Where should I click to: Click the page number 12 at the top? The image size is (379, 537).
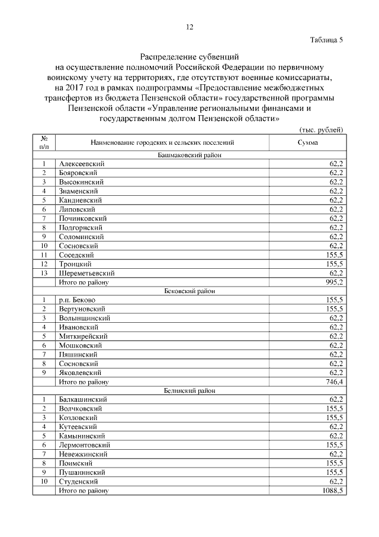pos(189,27)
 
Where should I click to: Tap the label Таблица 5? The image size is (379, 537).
pos(326,40)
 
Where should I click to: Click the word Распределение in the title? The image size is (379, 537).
pos(168,58)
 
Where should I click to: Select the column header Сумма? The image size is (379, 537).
pos(307,143)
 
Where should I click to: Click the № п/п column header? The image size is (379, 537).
pos(44,143)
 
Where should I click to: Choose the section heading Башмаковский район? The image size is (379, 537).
pos(189,155)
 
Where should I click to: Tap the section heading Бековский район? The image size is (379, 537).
pos(189,291)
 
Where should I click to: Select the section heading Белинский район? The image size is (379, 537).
pos(189,390)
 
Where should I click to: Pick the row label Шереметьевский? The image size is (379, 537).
pos(86,273)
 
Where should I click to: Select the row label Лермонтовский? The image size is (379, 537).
pos(85,445)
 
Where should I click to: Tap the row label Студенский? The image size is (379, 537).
pos(79,481)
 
